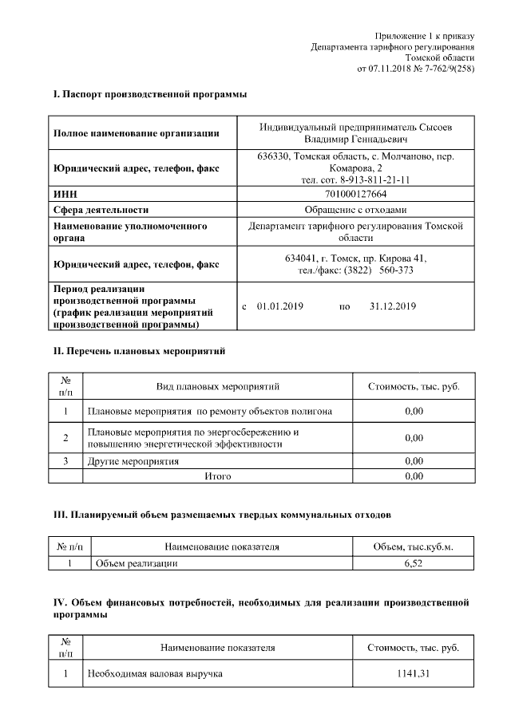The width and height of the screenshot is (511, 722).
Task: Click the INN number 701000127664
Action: (356, 194)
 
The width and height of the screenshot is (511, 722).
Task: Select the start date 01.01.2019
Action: (277, 306)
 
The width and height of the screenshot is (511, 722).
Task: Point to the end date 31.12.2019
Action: (393, 306)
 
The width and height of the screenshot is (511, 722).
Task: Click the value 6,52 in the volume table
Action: (413, 563)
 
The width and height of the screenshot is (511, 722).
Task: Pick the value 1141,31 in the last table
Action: (413, 674)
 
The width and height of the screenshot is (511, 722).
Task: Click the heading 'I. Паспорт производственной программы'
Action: (149, 95)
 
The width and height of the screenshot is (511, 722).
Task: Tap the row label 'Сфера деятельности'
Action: (101, 210)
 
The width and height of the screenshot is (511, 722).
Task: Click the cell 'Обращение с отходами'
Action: (356, 210)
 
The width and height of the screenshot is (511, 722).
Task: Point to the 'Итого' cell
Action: (218, 476)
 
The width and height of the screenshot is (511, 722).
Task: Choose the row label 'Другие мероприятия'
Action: (133, 461)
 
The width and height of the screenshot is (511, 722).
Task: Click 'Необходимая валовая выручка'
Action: (154, 674)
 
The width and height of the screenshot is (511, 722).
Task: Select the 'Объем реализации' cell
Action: (136, 563)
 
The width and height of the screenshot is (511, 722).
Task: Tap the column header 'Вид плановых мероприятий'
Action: (218, 387)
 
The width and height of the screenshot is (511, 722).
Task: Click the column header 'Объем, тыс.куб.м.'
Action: (413, 546)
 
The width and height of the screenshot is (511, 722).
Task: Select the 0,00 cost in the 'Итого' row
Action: (413, 476)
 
